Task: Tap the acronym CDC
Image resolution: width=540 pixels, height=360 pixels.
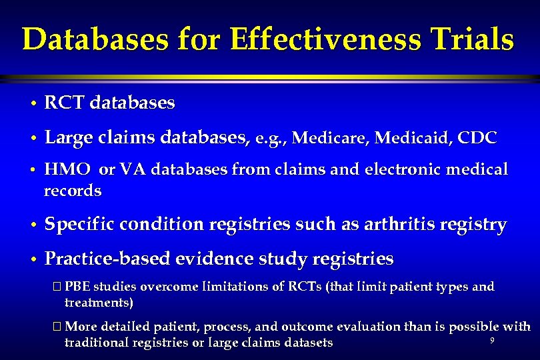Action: coord(479,138)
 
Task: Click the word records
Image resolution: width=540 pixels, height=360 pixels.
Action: coord(73,191)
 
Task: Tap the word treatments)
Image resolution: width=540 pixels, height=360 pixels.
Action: coord(99,303)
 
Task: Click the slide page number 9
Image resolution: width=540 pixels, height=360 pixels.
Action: coord(491,341)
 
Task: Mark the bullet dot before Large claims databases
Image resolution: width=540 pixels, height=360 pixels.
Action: coord(32,139)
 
